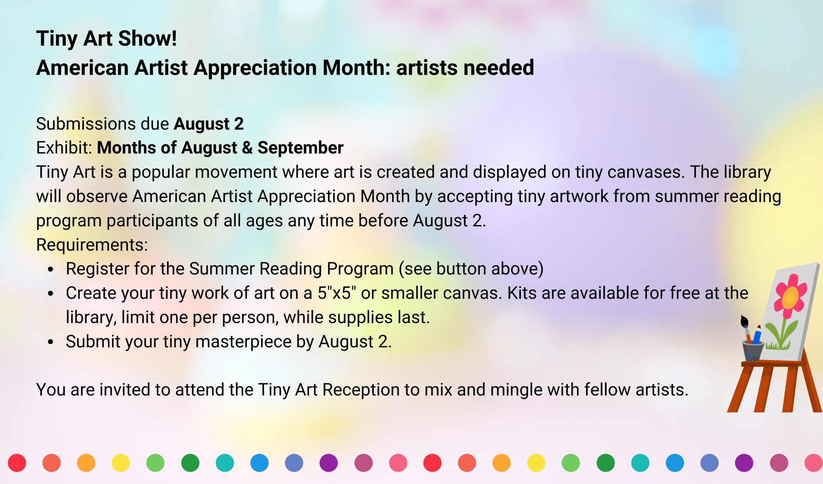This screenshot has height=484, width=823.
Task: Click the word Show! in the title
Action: (x=147, y=39)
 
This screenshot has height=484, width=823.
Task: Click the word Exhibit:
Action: (x=64, y=148)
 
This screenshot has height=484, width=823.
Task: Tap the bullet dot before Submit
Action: (x=51, y=342)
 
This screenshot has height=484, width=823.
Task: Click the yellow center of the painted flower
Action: (x=790, y=297)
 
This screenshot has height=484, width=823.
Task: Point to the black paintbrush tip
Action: (x=744, y=321)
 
